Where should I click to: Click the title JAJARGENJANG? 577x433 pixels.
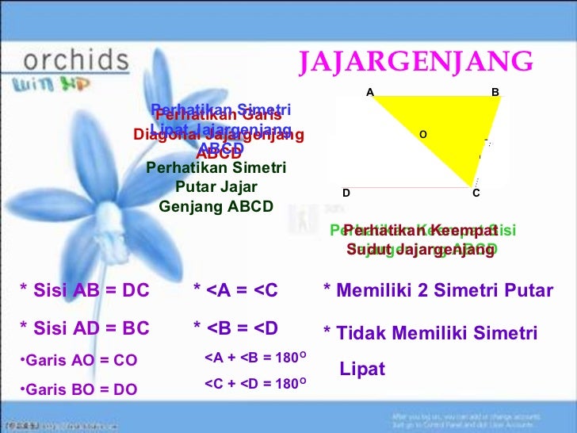pos(415,61)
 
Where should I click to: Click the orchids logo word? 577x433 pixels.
pos(76,60)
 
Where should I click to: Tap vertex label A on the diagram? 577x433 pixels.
pos(369,92)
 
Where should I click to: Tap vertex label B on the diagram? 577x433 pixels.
pos(495,92)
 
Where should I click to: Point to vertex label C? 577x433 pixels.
pos(476,193)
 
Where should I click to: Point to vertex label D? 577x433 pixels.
pos(346,193)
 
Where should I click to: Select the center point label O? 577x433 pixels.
pos(422,135)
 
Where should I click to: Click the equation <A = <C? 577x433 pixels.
pos(235,291)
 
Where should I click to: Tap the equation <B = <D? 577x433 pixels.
pos(235,328)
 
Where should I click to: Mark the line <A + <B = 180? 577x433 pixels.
pos(255,358)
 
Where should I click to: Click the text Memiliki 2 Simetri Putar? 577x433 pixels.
pos(438,291)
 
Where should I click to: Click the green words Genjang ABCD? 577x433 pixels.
pos(216,206)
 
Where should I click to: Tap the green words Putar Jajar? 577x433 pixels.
pos(216,187)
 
